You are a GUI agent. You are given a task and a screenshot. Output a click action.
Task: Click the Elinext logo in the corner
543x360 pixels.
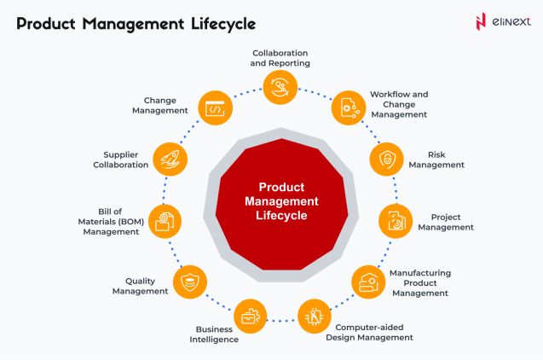pyautogui.click(x=503, y=22)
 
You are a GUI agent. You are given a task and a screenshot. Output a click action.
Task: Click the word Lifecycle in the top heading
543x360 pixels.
pyautogui.click(x=223, y=25)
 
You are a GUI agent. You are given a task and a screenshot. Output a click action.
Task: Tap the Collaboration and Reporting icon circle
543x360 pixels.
pyautogui.click(x=280, y=87)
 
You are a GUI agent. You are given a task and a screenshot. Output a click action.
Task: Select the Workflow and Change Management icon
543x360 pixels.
pyautogui.click(x=349, y=107)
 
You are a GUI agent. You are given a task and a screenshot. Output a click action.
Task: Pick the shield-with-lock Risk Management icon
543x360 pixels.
pyautogui.click(x=386, y=160)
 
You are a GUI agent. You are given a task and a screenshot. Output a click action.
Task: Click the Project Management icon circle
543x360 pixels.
pyautogui.click(x=396, y=221)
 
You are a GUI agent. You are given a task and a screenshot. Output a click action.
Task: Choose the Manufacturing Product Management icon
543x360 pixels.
pyautogui.click(x=368, y=282)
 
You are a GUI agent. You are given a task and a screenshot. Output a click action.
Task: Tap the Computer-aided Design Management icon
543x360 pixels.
pyautogui.click(x=315, y=316)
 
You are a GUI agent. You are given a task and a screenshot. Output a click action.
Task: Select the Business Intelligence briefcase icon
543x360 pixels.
pyautogui.click(x=250, y=316)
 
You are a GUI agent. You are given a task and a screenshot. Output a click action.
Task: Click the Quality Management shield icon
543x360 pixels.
pyautogui.click(x=190, y=282)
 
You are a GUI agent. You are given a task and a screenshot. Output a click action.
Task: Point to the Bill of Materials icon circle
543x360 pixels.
pyautogui.click(x=165, y=222)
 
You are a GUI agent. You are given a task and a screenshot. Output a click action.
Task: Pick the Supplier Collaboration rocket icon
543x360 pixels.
pyautogui.click(x=170, y=160)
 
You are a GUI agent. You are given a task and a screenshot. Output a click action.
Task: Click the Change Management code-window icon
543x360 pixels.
pyautogui.click(x=215, y=107)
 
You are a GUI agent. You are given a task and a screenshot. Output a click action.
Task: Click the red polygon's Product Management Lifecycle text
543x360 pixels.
pyautogui.click(x=281, y=201)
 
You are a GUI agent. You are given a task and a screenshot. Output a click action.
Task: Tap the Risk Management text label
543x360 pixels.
pyautogui.click(x=436, y=160)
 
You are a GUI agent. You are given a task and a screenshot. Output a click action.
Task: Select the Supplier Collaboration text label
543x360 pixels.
pyautogui.click(x=120, y=160)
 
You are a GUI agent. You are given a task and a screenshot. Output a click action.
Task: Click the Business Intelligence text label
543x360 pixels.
pyautogui.click(x=214, y=334)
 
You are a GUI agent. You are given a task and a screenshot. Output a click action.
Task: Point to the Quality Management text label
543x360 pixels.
pyautogui.click(x=140, y=286)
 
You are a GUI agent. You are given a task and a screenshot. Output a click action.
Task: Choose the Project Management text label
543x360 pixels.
pyautogui.click(x=446, y=222)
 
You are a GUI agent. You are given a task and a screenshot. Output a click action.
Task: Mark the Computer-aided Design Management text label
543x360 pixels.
pyautogui.click(x=369, y=333)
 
